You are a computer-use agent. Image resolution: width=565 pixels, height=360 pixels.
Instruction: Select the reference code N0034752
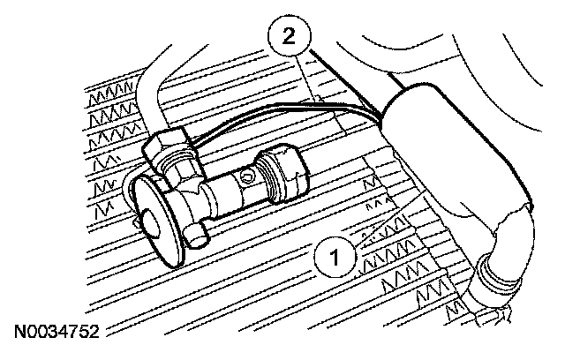click(x=55, y=334)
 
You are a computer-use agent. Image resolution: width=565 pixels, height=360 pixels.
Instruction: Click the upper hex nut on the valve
click(x=168, y=148)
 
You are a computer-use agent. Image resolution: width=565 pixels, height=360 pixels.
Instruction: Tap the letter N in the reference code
click(x=19, y=334)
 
